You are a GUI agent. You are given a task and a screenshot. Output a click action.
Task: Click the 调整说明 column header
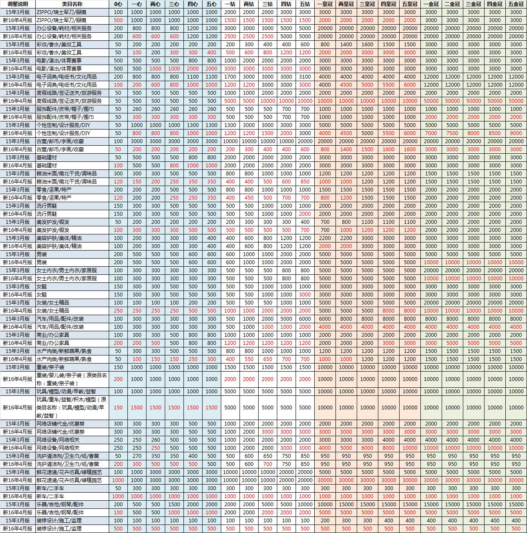point(17,4)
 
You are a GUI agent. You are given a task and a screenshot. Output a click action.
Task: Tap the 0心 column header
point(118,4)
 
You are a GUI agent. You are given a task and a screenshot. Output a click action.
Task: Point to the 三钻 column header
point(268,4)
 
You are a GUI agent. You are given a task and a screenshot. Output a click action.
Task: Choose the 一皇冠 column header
point(325,4)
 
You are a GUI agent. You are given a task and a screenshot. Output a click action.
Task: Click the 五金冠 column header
point(516,4)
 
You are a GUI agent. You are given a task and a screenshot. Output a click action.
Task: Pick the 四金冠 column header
point(495,4)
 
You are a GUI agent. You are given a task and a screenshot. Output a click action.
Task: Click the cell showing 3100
point(305,77)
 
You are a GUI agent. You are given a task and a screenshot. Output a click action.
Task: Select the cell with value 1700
point(230,77)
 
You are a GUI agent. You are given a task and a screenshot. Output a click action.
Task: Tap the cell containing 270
point(137,456)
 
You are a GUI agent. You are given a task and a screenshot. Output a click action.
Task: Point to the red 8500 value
point(495,133)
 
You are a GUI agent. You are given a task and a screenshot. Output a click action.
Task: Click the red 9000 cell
point(516,133)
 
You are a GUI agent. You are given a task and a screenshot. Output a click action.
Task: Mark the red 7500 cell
point(452,133)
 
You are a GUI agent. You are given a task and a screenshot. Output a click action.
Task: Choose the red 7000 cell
point(431,133)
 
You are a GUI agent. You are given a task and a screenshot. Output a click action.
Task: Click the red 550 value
point(249,359)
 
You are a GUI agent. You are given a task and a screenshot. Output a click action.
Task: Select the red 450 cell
point(249,198)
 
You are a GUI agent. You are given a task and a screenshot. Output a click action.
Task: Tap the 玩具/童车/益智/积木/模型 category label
point(71,407)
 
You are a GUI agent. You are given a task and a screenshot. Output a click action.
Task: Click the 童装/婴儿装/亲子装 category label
point(71,379)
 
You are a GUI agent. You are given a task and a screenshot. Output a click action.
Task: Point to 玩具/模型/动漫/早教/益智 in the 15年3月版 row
point(66,392)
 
